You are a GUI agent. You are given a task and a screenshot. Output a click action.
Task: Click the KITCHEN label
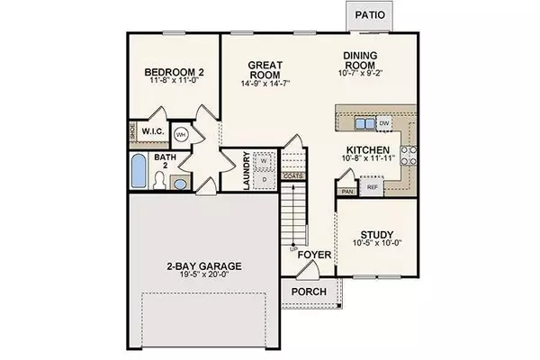(368, 150)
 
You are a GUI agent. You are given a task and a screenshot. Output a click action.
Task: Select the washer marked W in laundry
(265, 162)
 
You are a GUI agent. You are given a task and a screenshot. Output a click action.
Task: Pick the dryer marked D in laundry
(265, 180)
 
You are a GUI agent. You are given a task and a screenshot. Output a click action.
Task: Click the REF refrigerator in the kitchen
(372, 187)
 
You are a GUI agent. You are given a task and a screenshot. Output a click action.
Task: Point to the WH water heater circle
(181, 135)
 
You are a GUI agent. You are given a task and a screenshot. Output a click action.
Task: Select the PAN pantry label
(347, 192)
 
